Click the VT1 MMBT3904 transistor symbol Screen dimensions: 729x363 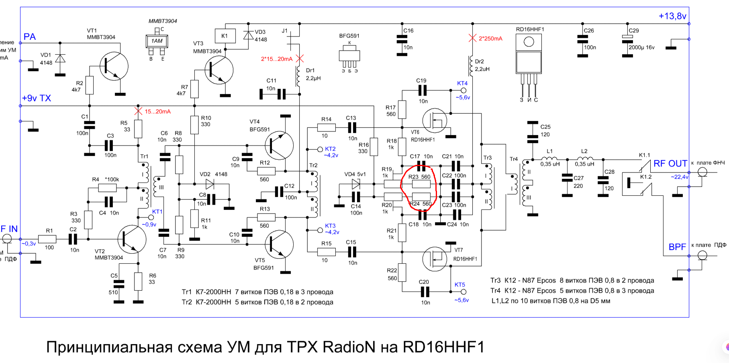[114, 67]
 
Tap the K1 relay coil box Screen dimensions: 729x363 [225, 36]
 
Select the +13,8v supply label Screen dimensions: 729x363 [672, 16]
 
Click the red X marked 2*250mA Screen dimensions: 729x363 [472, 38]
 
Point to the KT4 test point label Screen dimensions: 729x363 [462, 83]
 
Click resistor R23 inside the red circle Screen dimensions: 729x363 [421, 184]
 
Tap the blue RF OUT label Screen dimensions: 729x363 [670, 164]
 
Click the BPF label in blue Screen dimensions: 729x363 [677, 247]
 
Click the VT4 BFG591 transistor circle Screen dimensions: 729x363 [279, 145]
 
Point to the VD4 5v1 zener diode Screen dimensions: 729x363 [356, 184]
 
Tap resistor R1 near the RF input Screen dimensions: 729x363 [47, 239]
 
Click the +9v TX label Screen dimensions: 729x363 [37, 98]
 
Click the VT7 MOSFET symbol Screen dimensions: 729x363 [435, 259]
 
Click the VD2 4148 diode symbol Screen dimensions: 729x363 [210, 184]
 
